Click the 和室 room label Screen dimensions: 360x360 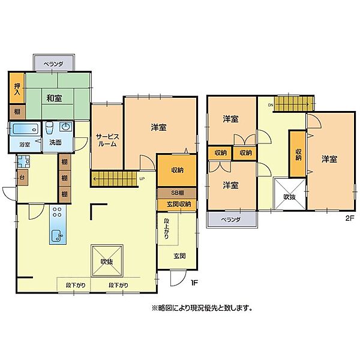[x=54, y=98]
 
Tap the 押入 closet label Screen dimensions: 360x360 [x=17, y=89]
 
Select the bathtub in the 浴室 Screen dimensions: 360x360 [x=25, y=129]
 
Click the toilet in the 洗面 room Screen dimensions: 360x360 [x=49, y=127]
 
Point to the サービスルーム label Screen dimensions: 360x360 [x=107, y=140]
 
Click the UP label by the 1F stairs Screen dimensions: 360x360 [x=142, y=179]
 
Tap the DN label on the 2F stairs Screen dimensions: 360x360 [x=271, y=105]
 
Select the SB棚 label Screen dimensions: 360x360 [x=177, y=193]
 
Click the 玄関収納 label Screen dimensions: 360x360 [x=179, y=204]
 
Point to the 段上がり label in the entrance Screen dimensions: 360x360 [x=166, y=229]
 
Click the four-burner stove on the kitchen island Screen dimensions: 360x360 [x=57, y=212]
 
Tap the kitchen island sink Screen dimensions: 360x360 [x=57, y=236]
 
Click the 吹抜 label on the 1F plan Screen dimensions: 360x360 [x=107, y=262]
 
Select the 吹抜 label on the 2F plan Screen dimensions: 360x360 [x=290, y=197]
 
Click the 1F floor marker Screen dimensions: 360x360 [x=194, y=283]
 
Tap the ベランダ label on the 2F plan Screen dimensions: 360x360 [x=231, y=220]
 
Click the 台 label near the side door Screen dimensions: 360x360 [x=22, y=177]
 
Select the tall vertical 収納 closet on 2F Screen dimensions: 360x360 [x=298, y=154]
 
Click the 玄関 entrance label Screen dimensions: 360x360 [x=179, y=256]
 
